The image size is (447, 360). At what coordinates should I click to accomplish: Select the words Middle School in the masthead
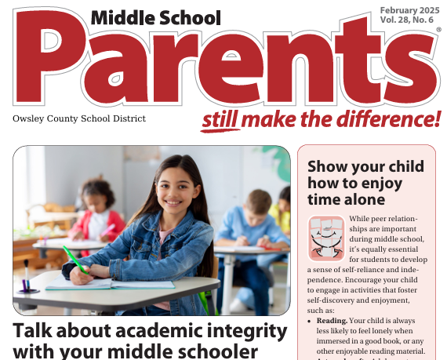[x=155, y=17]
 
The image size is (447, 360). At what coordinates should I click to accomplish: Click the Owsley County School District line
[x=79, y=118]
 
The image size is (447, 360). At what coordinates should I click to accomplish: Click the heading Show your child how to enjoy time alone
[x=365, y=183]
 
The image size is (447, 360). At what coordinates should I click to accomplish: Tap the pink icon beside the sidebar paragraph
[x=325, y=238]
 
